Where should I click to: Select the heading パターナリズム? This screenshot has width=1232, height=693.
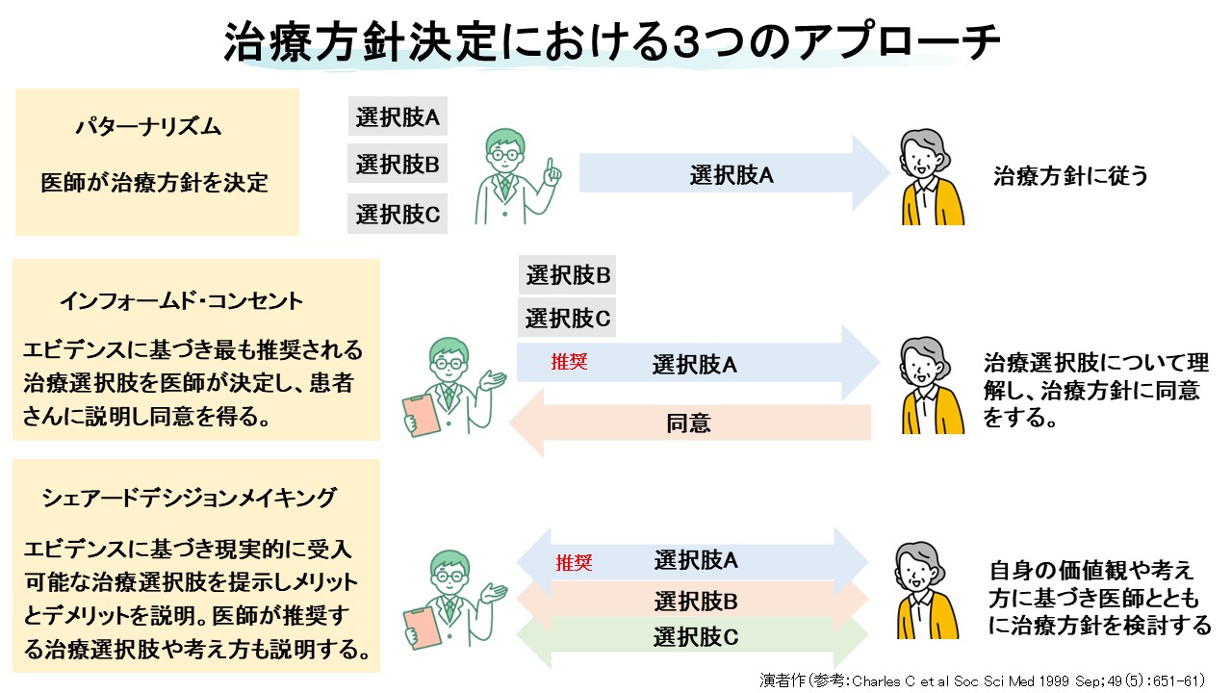click(x=149, y=127)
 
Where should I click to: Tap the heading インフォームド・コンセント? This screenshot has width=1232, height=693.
click(x=182, y=300)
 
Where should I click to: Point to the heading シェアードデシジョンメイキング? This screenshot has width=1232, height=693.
click(x=190, y=498)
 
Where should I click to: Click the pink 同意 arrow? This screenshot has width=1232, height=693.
click(x=689, y=423)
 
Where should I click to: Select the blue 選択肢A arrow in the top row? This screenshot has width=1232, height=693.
click(x=731, y=174)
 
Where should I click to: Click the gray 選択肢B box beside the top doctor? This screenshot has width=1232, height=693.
click(x=398, y=164)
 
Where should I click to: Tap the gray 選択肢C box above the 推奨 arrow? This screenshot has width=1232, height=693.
click(x=568, y=317)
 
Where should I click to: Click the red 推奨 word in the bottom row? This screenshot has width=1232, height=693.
click(x=573, y=563)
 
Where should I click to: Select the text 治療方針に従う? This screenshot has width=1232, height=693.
click(x=1070, y=176)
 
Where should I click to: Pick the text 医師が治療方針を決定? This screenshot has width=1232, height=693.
click(x=154, y=182)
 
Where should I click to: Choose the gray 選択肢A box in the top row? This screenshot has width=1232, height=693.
click(x=398, y=118)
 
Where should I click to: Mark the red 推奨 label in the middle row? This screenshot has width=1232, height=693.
click(x=569, y=363)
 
